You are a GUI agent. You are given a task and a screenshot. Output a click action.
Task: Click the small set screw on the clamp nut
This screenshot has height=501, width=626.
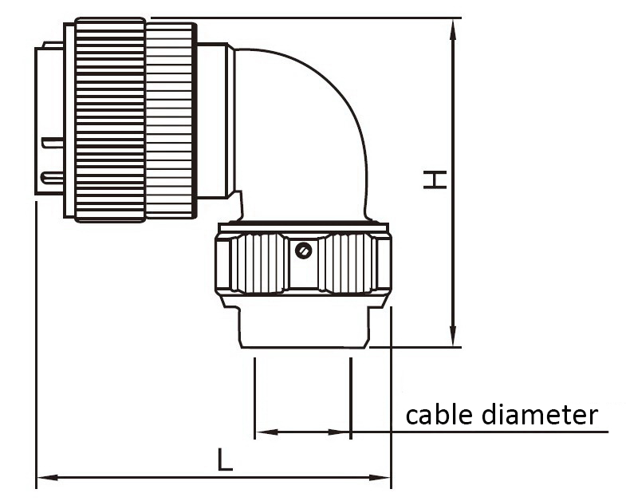coord(303,251)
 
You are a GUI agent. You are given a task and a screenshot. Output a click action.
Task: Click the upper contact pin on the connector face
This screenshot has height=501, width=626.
coord(53,144)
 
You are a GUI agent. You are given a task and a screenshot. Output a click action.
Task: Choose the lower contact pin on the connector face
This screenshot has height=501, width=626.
coord(53,176)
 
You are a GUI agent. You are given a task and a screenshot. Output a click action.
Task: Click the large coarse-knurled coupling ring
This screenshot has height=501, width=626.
coord(109,120)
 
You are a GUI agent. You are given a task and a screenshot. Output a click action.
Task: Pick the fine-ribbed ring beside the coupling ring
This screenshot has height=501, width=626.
coord(170,120)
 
